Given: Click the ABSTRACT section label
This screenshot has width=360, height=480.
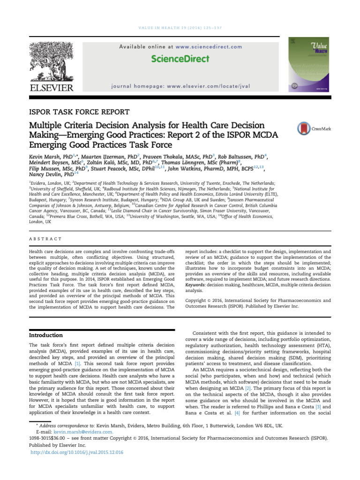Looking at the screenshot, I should [x=45, y=239].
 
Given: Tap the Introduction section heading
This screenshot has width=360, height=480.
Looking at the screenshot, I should [x=46, y=335].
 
